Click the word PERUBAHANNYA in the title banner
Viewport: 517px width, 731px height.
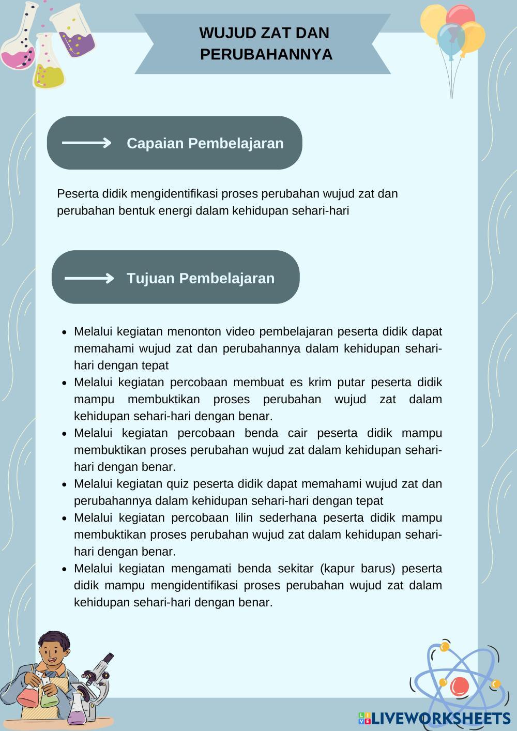coord(266,54)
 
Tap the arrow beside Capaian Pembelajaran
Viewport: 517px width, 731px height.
coord(86,143)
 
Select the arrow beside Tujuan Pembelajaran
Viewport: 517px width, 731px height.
coord(89,279)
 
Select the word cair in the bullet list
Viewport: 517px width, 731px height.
coord(298,433)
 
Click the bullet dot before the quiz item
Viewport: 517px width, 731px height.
coord(64,485)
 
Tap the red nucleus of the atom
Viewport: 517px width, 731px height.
coord(459,686)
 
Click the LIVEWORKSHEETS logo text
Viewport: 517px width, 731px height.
coord(439,718)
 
